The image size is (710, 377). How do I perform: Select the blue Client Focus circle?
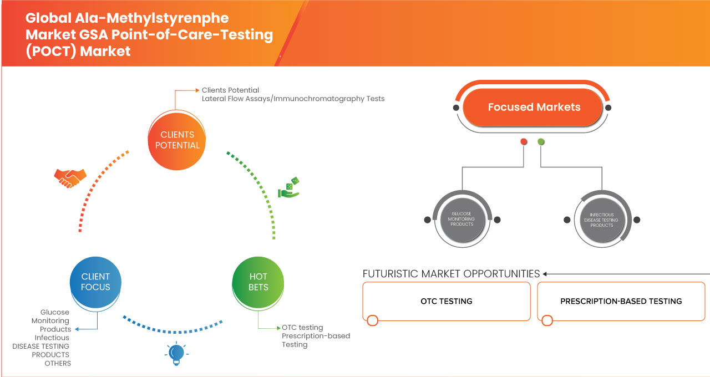pyautogui.click(x=95, y=282)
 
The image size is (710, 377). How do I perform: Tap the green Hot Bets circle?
pyautogui.click(x=258, y=282)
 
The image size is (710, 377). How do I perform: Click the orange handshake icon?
pyautogui.click(x=70, y=177)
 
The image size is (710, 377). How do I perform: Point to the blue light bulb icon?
pyautogui.click(x=176, y=353)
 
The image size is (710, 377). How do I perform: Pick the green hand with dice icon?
pyautogui.click(x=288, y=188)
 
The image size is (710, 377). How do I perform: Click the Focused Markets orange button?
pyautogui.click(x=534, y=107)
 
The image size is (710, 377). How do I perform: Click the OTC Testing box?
pyautogui.click(x=446, y=301)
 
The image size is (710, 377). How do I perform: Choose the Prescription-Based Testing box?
pyautogui.click(x=621, y=301)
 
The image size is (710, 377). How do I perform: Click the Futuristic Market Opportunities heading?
pyautogui.click(x=451, y=274)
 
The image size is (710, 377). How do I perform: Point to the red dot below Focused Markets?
pyautogui.click(x=524, y=142)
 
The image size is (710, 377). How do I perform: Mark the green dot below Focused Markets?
pyautogui.click(x=541, y=142)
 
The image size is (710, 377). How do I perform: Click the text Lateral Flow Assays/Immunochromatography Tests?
pyautogui.click(x=293, y=99)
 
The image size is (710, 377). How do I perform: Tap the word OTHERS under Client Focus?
pyautogui.click(x=58, y=363)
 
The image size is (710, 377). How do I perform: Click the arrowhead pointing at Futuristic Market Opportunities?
pyautogui.click(x=546, y=274)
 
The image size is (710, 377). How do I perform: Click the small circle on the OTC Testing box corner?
pyautogui.click(x=373, y=320)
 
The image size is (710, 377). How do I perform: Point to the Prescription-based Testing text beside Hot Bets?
pyautogui.click(x=316, y=340)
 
